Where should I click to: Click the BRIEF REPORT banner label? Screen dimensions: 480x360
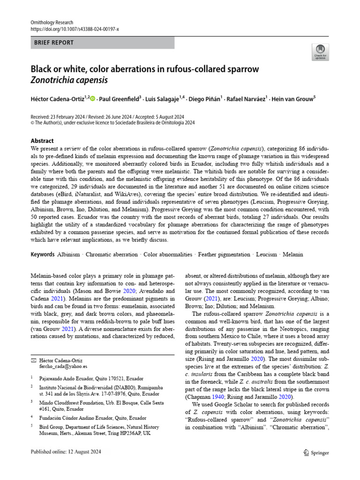pos(54,43)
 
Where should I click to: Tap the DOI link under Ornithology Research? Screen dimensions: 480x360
pos(75,29)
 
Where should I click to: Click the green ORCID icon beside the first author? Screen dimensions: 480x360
pos(92,98)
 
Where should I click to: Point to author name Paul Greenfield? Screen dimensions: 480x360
pos(120,98)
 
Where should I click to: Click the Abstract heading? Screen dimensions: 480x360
pos(42,141)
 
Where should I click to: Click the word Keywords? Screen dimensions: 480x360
pos(43,255)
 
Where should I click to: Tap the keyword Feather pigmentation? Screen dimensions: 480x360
pos(224,255)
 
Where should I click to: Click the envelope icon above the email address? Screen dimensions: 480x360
pos(33,360)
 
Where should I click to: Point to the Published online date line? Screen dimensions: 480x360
pos(66,452)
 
